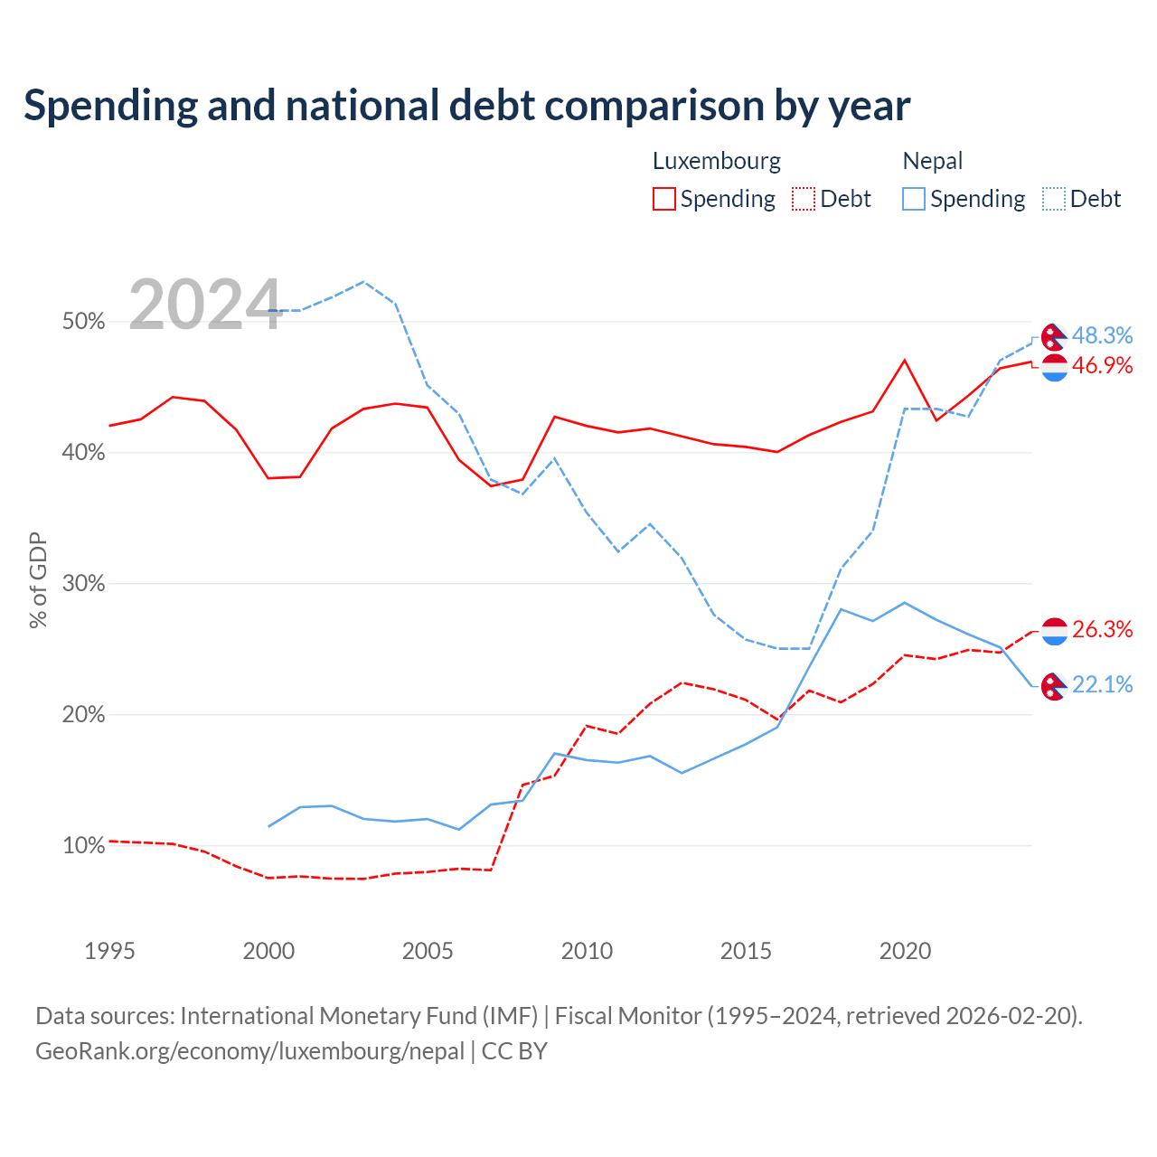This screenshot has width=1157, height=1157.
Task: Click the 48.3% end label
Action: point(1102,335)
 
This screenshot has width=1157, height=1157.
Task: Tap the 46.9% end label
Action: point(1102,365)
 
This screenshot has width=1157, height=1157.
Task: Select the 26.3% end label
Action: point(1102,629)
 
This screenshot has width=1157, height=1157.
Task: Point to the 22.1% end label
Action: point(1102,684)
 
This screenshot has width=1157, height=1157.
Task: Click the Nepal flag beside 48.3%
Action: point(1054,337)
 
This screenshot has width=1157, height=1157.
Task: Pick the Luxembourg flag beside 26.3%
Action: point(1054,632)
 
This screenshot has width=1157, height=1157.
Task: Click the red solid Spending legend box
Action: point(664,199)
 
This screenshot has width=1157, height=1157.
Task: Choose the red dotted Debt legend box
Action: point(804,199)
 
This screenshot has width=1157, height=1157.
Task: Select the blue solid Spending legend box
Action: point(913,199)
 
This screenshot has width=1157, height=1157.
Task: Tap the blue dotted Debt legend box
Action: point(1054,199)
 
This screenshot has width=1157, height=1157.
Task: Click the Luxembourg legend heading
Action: point(717,162)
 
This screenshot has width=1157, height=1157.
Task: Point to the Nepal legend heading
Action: point(933,162)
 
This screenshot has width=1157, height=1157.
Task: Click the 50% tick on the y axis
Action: point(83,321)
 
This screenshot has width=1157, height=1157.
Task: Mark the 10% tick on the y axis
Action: point(83,845)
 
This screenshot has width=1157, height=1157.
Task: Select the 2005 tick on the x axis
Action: point(428,951)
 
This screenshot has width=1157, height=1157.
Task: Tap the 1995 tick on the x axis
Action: point(109,951)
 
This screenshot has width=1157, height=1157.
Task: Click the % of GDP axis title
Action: point(38,580)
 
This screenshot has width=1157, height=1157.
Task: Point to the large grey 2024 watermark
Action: point(205,305)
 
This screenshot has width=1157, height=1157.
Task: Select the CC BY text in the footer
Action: point(514,1051)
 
